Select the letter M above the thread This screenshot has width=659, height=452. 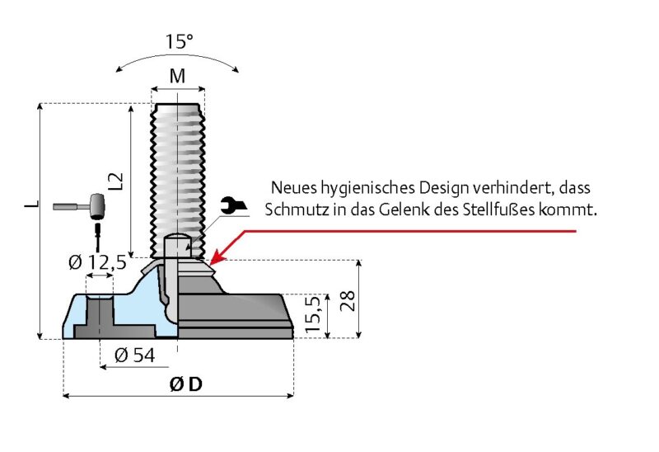[177, 77]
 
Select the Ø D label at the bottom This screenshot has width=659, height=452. [185, 384]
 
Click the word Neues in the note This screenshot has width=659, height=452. [292, 188]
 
